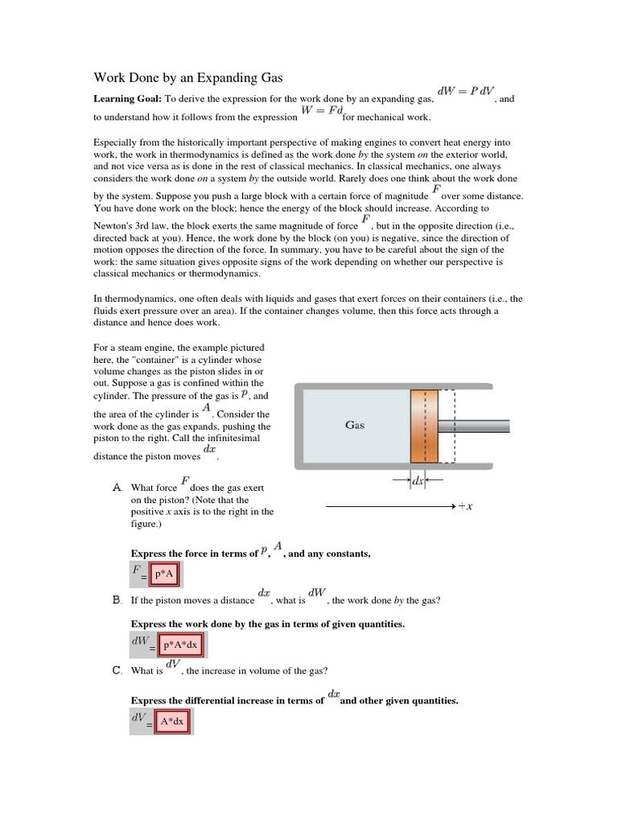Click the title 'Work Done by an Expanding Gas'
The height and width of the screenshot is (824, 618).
(189, 78)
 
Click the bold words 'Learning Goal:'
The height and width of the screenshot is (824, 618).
(128, 98)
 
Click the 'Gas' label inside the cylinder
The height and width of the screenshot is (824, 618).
(355, 425)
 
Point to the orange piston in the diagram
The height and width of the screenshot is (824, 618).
(424, 426)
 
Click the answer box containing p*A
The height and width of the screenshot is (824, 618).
(168, 576)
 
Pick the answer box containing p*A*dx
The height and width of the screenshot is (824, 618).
(181, 645)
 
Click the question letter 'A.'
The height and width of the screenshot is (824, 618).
(117, 488)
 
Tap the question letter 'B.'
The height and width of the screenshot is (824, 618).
(117, 600)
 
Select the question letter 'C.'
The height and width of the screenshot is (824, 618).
(117, 670)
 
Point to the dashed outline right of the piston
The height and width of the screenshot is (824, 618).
(447, 426)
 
